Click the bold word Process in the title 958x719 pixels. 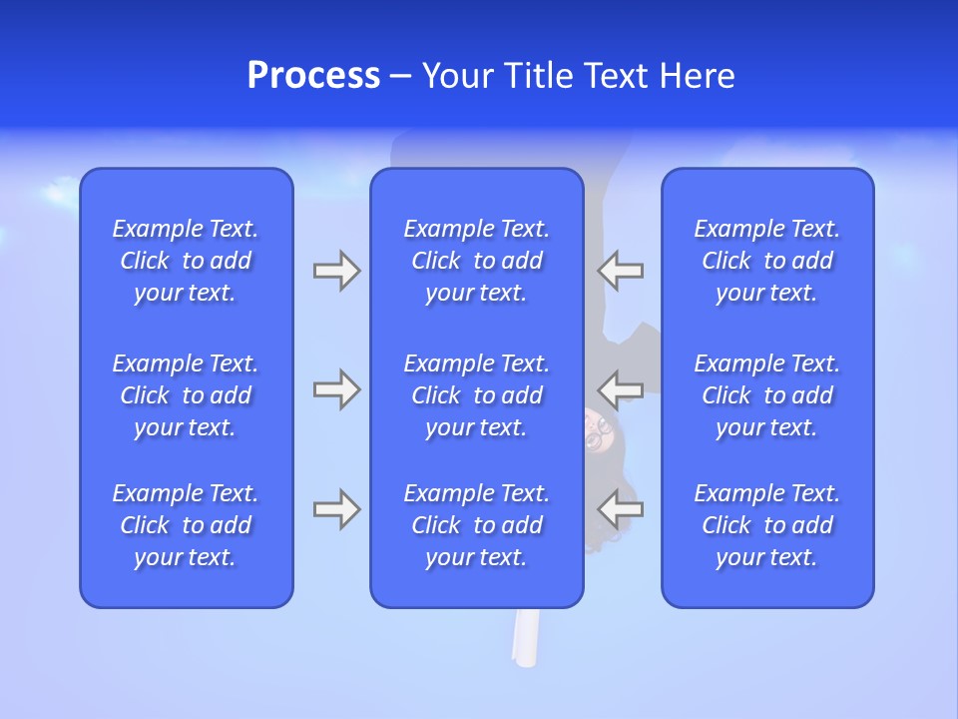[313, 76]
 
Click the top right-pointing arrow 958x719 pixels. [336, 271]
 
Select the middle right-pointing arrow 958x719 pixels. [336, 389]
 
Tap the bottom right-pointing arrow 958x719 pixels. [336, 509]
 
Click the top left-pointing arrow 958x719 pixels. [621, 271]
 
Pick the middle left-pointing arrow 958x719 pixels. [621, 389]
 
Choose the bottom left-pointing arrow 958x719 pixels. [621, 509]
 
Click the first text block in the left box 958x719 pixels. [186, 261]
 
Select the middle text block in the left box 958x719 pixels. [186, 395]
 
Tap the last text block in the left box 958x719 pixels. [186, 525]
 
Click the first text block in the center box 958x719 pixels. [477, 261]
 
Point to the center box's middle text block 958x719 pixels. [477, 395]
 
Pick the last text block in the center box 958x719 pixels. [477, 525]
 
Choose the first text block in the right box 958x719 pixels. [767, 261]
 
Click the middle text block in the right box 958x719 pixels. [767, 395]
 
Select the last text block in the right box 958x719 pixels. [767, 525]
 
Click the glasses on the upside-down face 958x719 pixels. [598, 430]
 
